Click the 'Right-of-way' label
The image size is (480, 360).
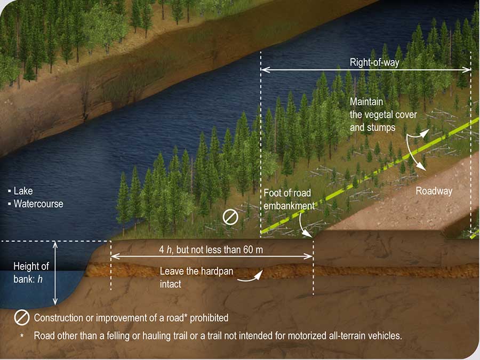tap(374, 62)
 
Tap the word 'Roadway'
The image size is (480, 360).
tap(434, 191)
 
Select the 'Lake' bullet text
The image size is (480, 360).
tap(23, 191)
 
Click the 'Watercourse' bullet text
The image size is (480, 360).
tap(38, 204)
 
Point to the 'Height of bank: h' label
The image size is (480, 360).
tap(30, 272)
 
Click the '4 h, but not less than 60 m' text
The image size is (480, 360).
tap(211, 249)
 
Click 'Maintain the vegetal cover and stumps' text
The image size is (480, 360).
tap(383, 114)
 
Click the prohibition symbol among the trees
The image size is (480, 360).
tap(230, 217)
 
